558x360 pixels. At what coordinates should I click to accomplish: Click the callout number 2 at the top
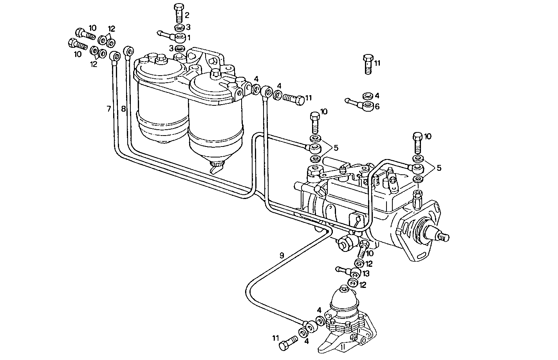187,15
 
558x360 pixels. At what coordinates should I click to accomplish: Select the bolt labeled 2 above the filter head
179,13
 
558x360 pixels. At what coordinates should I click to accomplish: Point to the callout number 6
377,107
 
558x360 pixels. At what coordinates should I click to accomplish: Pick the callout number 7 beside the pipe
109,109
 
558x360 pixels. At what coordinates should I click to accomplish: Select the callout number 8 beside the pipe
123,109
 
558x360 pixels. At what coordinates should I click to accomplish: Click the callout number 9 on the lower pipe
282,255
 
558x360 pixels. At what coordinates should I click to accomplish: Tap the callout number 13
366,273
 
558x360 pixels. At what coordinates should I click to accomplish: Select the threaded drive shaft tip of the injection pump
444,237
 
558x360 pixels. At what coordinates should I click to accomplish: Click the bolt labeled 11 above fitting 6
368,64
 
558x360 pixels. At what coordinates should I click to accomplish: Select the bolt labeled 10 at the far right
417,143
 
